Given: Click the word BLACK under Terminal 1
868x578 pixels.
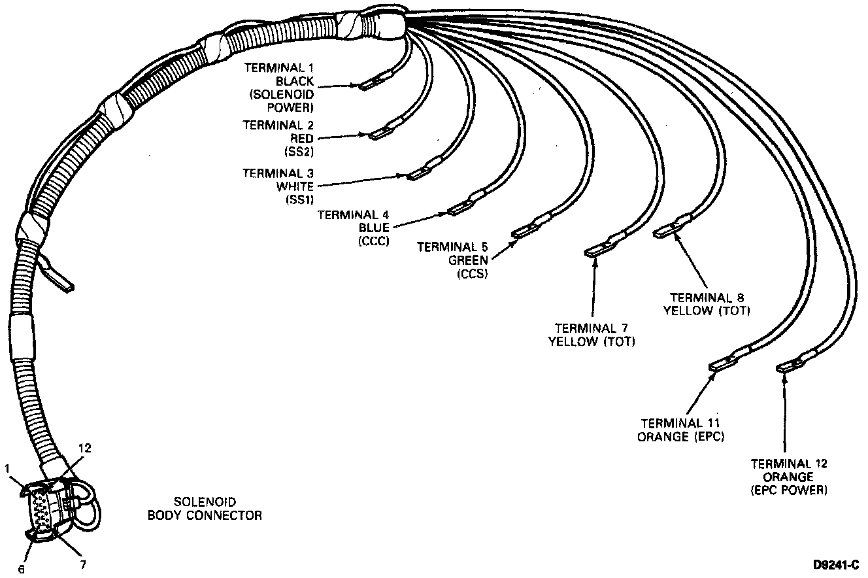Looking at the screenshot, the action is (x=295, y=82).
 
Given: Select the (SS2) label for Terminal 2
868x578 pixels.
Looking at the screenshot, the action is (x=299, y=152).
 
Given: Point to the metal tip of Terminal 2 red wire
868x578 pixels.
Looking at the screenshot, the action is (x=377, y=135).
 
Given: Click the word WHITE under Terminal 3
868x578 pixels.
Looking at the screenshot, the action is (x=295, y=186).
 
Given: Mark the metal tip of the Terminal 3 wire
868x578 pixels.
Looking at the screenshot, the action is (x=416, y=175).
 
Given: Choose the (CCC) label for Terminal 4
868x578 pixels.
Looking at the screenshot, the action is (x=374, y=241).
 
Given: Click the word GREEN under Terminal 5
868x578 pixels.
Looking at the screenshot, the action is (x=468, y=260).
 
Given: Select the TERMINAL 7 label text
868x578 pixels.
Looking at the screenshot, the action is (x=592, y=328).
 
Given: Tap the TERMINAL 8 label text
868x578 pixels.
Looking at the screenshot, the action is (x=707, y=297).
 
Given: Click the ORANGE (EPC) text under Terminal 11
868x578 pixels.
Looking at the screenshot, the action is (x=681, y=437).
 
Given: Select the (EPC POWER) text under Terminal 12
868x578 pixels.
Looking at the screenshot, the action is (x=789, y=490).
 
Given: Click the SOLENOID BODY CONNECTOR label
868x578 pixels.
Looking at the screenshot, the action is (x=205, y=509).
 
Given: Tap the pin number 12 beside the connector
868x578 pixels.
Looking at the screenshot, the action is (x=85, y=448).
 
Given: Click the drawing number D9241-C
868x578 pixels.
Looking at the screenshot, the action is (x=836, y=565).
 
